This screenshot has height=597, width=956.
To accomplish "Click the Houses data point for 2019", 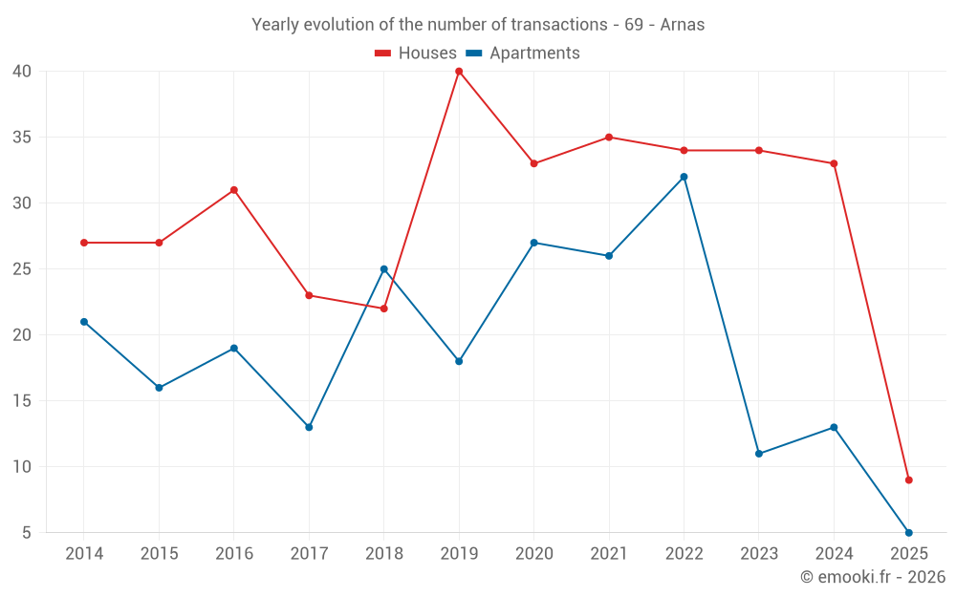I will point(459,72).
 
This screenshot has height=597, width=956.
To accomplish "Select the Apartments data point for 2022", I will point(684,177).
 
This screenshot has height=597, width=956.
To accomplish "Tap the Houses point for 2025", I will point(908,480).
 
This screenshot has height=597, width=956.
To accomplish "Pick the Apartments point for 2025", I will point(908,532).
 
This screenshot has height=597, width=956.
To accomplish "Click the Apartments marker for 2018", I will point(383,269).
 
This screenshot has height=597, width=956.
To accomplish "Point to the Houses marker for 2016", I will point(233,190).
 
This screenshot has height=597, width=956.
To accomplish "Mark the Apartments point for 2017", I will point(309,427).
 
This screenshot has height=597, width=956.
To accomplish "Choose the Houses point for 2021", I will point(608,138).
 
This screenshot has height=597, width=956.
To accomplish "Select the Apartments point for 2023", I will point(758,454).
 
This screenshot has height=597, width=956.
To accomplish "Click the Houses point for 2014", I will point(84,243).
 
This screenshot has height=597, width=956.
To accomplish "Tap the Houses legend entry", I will point(416,53).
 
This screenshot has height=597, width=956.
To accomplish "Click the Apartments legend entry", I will point(523,53).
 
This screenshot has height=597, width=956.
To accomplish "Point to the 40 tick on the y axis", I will point(22,72).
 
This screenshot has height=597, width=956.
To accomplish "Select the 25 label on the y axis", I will point(22,269).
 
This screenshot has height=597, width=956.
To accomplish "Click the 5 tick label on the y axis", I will point(27,532).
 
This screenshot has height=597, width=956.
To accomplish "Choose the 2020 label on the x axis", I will point(533,554).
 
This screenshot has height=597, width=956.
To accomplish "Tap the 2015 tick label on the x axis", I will point(159,554).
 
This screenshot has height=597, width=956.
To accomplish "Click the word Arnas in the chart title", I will point(682,25).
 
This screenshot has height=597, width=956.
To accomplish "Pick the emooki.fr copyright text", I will point(873,577).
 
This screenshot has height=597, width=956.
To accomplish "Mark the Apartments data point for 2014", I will point(84,322).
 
